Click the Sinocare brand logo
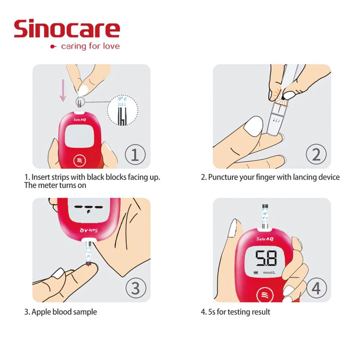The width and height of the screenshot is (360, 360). click(67, 29)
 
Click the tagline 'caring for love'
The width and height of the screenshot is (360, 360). click(90, 46)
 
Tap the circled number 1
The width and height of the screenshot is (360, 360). click(135, 155)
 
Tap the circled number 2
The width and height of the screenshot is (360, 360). click(316, 155)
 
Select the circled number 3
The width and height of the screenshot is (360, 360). click(135, 288)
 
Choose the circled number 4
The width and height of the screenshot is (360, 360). click(316, 288)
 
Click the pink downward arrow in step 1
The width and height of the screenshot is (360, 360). click(63, 90)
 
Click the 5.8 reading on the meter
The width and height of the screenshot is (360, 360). click(266, 259)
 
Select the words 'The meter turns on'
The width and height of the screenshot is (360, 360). click(55, 185)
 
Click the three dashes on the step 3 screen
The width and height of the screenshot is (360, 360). click(85, 208)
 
